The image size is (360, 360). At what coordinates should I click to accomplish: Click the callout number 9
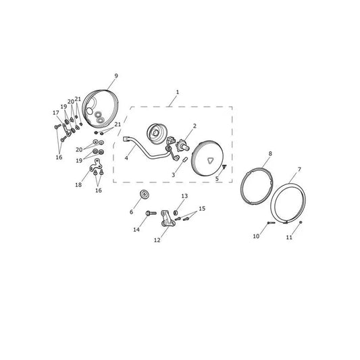pos(116,76)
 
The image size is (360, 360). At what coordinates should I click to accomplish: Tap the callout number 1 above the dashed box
pos(178,92)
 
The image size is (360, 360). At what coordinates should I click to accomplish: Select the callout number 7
pos(299,170)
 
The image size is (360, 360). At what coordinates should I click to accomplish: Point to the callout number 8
pos(270,153)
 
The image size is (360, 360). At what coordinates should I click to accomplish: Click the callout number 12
pos(157,240)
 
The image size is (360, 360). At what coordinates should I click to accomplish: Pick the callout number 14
pos(136,230)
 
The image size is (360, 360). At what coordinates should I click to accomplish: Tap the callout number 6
pos(131,212)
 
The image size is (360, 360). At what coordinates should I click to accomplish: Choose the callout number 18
pos(78,185)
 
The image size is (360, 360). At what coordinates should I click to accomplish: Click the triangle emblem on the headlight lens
pos(210,161)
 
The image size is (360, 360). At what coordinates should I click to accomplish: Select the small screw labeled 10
pos(271,222)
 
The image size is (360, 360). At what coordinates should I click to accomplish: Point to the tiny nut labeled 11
pos(301,222)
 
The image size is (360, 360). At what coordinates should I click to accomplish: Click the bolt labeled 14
pos(151,213)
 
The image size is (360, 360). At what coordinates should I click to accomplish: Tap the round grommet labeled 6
pos(145,195)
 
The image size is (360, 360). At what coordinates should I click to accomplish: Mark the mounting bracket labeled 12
pos(167,219)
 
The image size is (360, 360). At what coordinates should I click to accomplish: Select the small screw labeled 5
pos(224,166)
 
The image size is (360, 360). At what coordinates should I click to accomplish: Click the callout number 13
pos(184,196)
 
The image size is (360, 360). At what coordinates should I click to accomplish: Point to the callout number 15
pos(202,209)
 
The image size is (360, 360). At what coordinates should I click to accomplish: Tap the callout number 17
pos(56,113)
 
